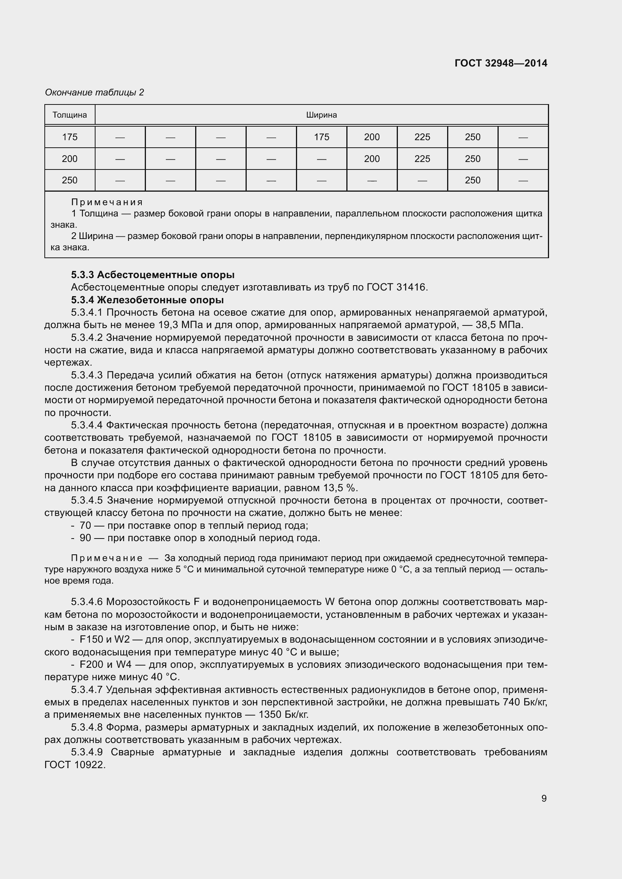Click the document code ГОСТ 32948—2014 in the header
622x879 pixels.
501,63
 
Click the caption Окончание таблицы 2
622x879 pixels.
94,92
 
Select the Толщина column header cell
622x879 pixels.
70,115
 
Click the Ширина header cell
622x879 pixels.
321,115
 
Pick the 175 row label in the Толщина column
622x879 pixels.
70,137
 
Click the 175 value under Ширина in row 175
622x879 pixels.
321,137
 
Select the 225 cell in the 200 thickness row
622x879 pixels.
422,159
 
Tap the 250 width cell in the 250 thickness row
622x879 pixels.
472,180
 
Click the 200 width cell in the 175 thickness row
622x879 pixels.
372,137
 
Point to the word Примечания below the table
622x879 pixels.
107,202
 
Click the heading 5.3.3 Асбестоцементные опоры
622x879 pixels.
153,275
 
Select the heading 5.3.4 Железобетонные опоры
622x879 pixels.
147,300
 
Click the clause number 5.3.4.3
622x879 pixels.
86,375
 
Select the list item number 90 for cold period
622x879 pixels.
85,538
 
